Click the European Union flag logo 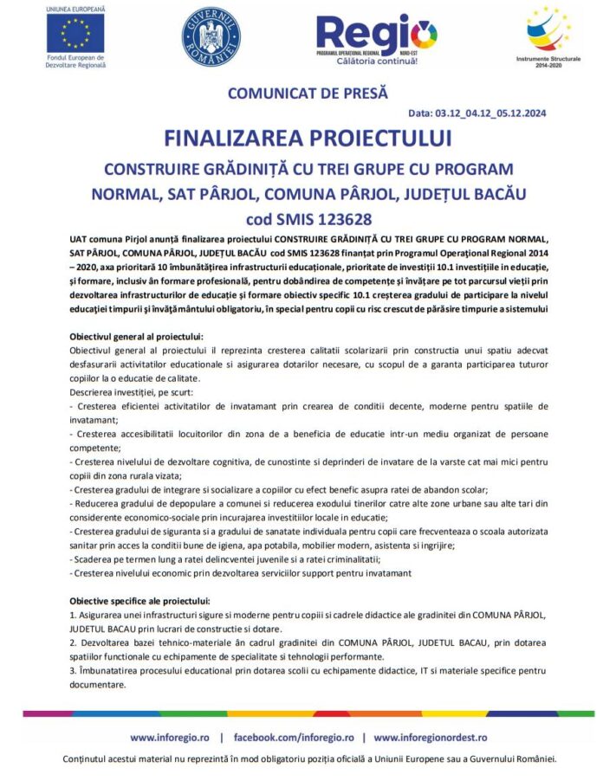coord(75,34)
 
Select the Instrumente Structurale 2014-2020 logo coord(548,30)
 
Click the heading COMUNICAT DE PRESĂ coord(308,94)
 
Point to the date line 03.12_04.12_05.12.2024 coord(477,113)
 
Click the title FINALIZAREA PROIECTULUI coord(308,139)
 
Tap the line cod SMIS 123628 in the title coord(308,218)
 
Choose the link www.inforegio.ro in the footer coord(169,737)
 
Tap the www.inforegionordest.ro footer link coord(431,737)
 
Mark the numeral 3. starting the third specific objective coord(73,671)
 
